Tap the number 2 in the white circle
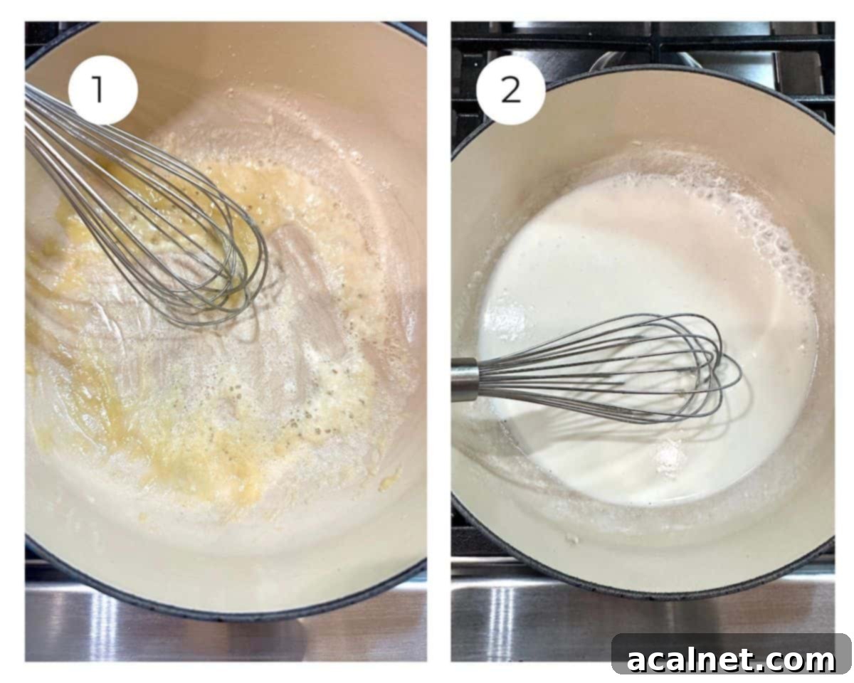(510, 90)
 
